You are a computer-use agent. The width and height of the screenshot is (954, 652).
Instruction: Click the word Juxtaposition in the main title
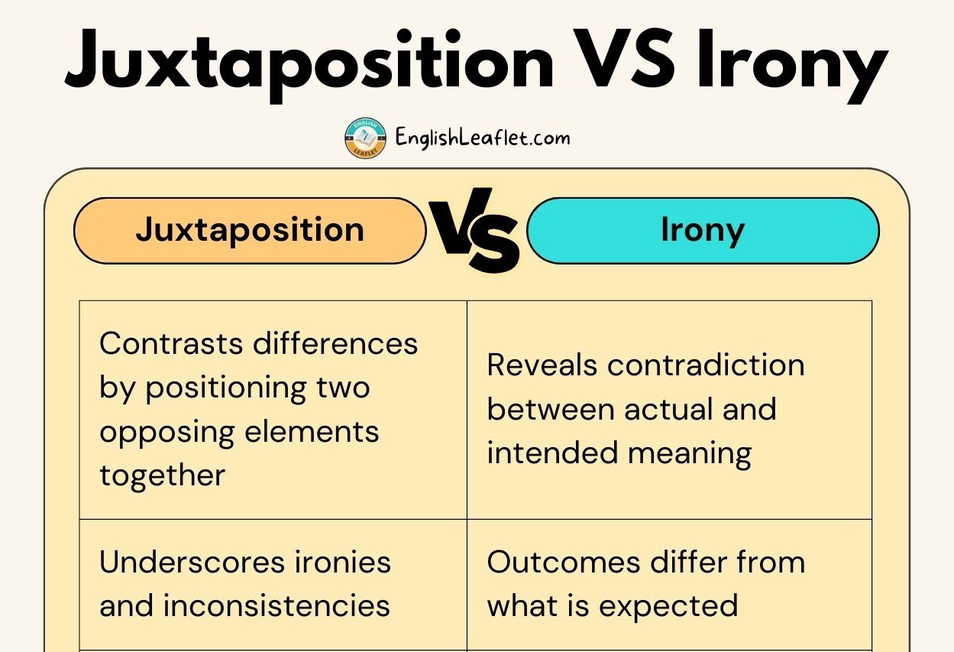(310, 65)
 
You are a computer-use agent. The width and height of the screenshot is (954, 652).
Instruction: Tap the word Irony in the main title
(793, 65)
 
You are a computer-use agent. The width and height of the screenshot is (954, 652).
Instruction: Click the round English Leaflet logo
(365, 138)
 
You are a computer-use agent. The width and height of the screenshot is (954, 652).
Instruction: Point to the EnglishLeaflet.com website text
(483, 138)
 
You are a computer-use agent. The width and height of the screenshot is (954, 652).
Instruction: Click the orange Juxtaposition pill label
(250, 231)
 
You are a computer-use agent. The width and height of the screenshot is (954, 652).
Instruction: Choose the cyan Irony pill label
(703, 231)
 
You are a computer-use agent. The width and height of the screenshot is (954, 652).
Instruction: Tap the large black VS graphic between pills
(475, 230)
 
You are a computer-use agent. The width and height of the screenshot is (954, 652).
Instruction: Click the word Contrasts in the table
(171, 343)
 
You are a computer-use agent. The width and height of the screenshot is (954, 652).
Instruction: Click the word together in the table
(162, 475)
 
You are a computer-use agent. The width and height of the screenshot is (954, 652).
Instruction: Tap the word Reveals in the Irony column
(542, 365)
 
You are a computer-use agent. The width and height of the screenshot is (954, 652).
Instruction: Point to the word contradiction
(706, 365)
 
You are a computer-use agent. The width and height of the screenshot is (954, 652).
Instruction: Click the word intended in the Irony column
(552, 453)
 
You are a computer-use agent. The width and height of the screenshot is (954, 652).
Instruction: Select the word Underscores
(192, 562)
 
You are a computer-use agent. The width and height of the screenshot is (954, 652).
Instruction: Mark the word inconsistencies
(276, 606)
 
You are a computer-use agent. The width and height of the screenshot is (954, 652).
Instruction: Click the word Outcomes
(564, 562)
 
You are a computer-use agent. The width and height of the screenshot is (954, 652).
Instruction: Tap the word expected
(668, 607)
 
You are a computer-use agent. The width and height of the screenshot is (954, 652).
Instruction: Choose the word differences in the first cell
(335, 343)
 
